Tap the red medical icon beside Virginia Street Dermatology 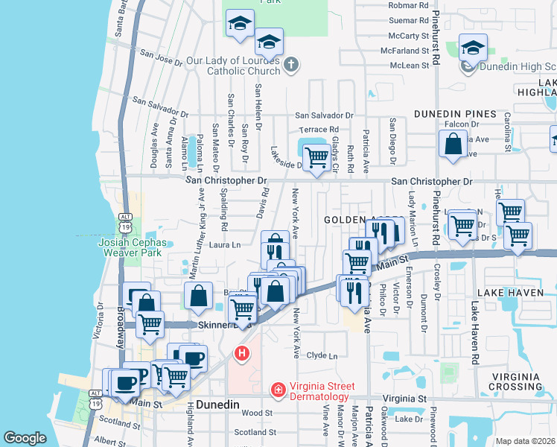278,389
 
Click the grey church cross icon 290,66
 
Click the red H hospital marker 242,353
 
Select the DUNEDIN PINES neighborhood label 456,114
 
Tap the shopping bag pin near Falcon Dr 453,144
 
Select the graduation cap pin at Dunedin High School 473,49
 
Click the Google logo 25,438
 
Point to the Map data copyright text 526,441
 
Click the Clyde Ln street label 327,356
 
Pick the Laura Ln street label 226,244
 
